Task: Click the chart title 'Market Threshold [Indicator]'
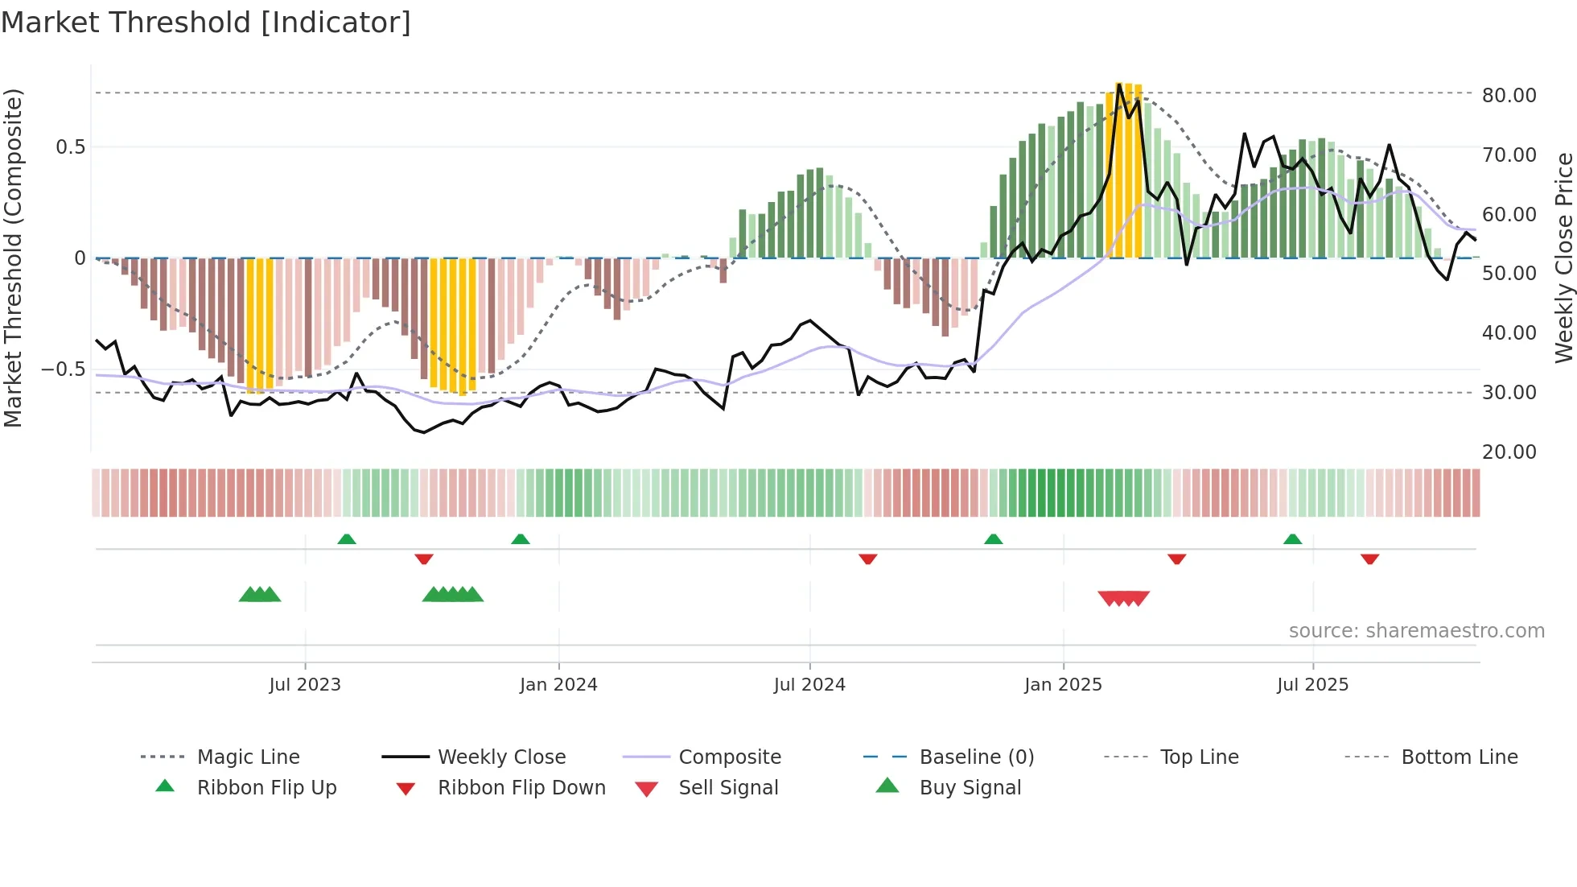click(x=206, y=23)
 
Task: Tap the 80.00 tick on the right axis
click(x=1509, y=95)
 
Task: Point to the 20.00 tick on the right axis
click(x=1509, y=452)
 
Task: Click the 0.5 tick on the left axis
click(x=70, y=146)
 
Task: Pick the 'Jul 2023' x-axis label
click(x=305, y=685)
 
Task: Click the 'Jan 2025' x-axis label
click(x=1063, y=685)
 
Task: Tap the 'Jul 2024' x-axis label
click(x=809, y=685)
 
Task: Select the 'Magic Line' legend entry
click(x=248, y=757)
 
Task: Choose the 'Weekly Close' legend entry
click(x=501, y=757)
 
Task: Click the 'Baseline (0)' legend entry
click(x=976, y=757)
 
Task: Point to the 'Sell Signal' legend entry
click(x=728, y=788)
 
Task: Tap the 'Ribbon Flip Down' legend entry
click(x=521, y=788)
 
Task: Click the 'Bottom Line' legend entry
click(x=1459, y=757)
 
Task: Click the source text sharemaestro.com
click(x=1416, y=631)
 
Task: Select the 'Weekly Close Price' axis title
click(x=1563, y=258)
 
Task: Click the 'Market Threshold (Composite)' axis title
click(x=13, y=258)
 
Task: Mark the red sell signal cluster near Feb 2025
click(x=1123, y=598)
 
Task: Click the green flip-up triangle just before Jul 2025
click(x=1292, y=539)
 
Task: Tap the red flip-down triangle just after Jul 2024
click(x=867, y=559)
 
